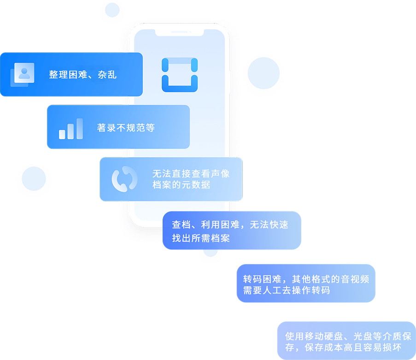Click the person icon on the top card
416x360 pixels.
click(24, 72)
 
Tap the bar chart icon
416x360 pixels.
click(71, 129)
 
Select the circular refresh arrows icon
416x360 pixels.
click(124, 179)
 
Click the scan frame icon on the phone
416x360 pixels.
click(180, 75)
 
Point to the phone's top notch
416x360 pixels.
click(179, 32)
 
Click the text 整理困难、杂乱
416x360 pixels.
click(83, 75)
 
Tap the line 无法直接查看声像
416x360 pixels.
click(191, 174)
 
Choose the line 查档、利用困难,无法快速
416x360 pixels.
click(230, 225)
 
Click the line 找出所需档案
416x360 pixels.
click(201, 238)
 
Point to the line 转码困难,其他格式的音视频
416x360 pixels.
click(306, 279)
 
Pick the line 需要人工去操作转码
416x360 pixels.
click(286, 290)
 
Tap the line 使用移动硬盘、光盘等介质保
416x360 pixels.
click(348, 336)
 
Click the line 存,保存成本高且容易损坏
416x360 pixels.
click(344, 347)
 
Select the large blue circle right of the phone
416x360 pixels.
click(264, 73)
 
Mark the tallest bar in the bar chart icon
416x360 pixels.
click(80, 129)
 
